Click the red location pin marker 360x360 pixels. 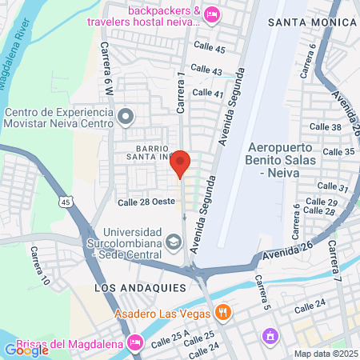181,163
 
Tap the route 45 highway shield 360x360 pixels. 66,204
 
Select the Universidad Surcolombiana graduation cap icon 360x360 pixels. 173,241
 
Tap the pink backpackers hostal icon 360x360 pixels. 212,14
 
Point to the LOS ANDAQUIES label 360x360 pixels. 140,286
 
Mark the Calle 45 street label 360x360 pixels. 209,50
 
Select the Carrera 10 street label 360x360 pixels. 38,266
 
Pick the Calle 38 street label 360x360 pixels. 326,127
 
